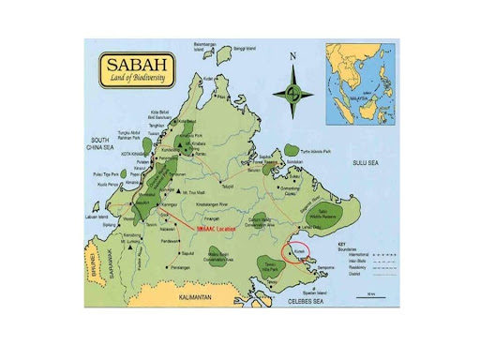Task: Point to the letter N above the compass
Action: coord(293,57)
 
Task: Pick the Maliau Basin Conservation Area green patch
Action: coord(217,257)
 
